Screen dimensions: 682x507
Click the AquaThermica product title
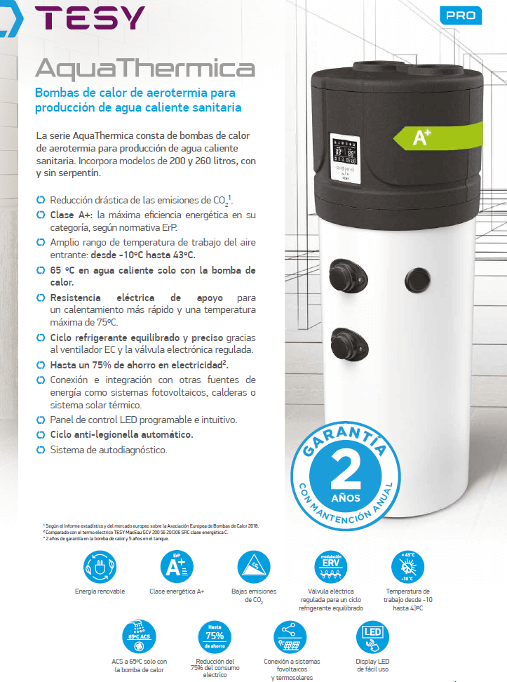point(144,68)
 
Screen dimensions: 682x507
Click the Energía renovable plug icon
point(100,566)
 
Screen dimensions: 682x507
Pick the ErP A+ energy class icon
point(177,566)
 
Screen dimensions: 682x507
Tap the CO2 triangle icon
point(252,566)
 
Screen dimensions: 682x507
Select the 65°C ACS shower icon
point(140,636)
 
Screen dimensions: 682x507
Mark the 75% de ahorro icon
point(215,636)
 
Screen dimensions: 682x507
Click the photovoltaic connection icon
point(292,636)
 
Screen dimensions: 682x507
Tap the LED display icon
point(372,636)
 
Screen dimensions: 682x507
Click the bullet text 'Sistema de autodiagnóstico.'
point(109,450)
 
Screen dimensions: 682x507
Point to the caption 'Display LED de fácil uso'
point(372,665)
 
